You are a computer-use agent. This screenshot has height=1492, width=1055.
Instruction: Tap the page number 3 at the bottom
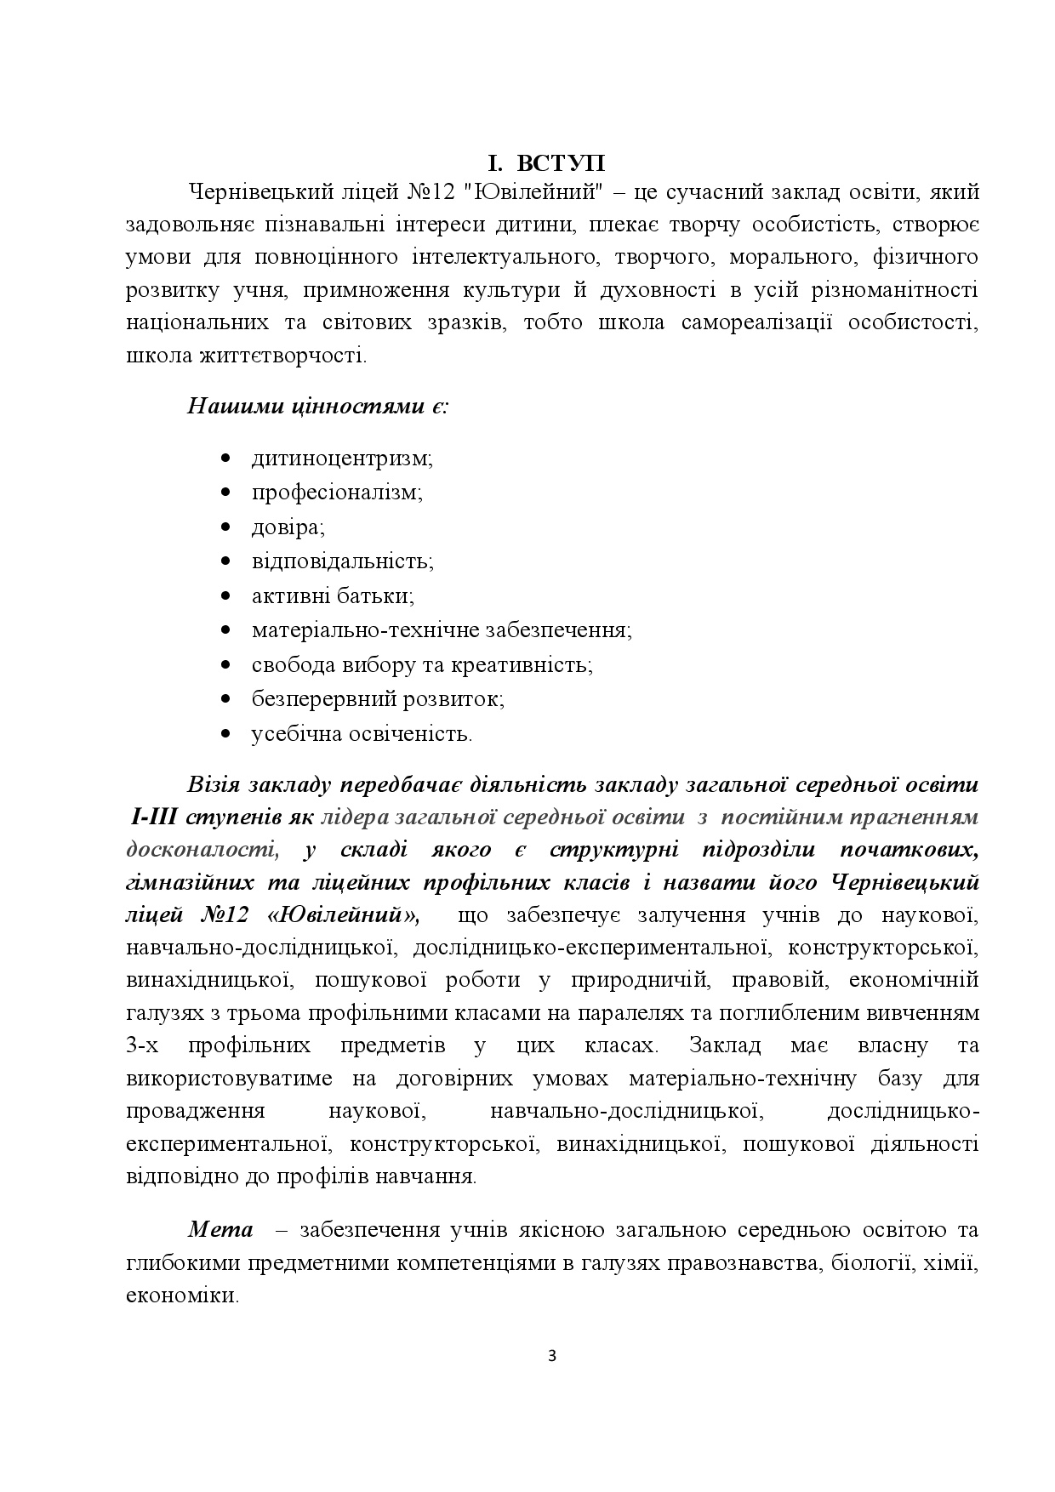pyautogui.click(x=552, y=1356)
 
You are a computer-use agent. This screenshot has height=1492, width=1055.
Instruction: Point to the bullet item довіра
pyautogui.click(x=288, y=527)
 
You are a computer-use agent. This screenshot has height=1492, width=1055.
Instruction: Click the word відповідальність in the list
pyautogui.click(x=342, y=561)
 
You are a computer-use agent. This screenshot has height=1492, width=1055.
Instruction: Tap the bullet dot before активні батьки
pyautogui.click(x=225, y=596)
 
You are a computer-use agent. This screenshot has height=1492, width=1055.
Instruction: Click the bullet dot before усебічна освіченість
pyautogui.click(x=225, y=733)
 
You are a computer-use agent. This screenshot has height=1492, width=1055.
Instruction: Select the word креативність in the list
pyautogui.click(x=527, y=664)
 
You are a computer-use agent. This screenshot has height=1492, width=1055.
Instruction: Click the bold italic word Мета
pyautogui.click(x=220, y=1230)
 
